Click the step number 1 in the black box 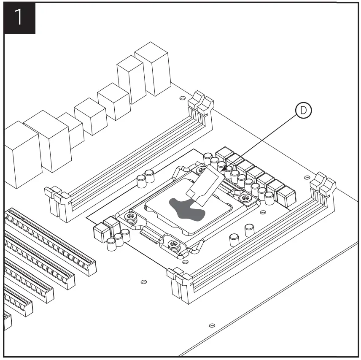(19, 18)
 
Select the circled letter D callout (303, 111)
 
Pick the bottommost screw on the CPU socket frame (175, 245)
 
